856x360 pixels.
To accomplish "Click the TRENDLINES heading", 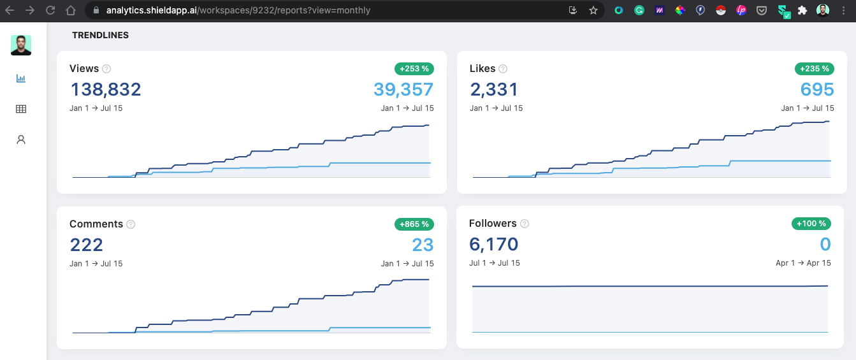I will tap(100, 36).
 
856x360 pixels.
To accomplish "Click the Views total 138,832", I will tap(105, 89).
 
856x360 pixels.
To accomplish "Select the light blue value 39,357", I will tap(403, 89).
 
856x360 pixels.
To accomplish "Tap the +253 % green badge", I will tap(414, 69).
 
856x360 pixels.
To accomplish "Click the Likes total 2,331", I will tap(494, 89).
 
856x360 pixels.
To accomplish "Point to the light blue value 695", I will tap(817, 89).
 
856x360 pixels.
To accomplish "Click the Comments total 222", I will tap(86, 245).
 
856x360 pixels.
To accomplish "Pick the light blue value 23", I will tap(423, 245).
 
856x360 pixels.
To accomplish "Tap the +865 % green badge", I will tap(414, 224).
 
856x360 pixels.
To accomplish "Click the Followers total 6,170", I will tap(493, 244).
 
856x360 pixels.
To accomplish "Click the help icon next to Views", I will tap(106, 69).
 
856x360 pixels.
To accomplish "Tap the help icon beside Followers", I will tap(525, 224).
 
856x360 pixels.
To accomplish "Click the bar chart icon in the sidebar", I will tap(21, 78).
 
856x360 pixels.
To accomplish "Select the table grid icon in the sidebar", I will tap(21, 109).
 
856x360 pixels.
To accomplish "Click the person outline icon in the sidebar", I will tap(21, 140).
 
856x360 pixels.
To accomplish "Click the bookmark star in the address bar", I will tap(593, 10).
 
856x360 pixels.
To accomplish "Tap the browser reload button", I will tap(50, 10).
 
